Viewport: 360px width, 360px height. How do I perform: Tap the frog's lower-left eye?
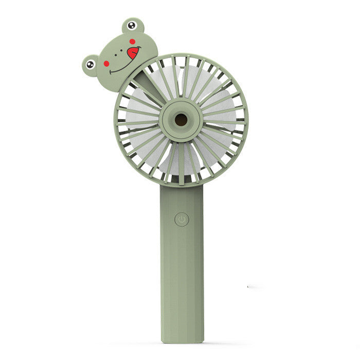click(x=91, y=64)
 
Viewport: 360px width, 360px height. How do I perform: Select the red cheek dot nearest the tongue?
click(x=132, y=41)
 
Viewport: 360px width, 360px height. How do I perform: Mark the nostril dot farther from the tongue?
click(x=116, y=55)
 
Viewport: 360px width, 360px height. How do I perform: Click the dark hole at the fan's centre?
click(x=181, y=120)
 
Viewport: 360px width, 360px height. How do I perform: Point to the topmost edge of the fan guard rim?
click(x=181, y=53)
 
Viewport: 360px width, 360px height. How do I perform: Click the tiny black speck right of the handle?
click(x=248, y=286)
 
